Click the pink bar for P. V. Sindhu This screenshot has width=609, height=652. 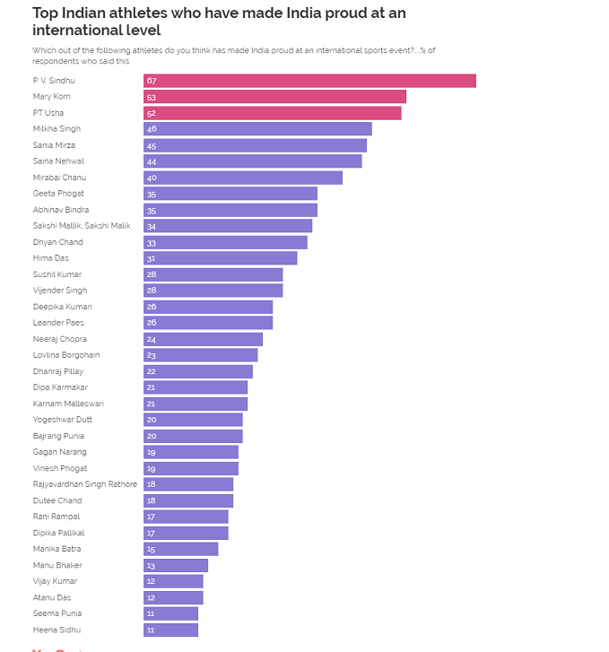coord(309,81)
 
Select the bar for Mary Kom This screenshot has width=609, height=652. coord(274,97)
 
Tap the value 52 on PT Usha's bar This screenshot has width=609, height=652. coord(151,113)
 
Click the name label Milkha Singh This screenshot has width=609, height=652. coord(57,129)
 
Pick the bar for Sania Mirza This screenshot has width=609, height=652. coord(255,145)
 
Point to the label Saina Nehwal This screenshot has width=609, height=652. coord(58,161)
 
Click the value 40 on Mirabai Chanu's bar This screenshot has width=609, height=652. coord(152,178)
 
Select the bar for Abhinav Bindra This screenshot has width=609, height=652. coord(231,210)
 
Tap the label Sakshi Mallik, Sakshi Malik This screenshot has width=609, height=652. coord(82,226)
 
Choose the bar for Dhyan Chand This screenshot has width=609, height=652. coord(225,242)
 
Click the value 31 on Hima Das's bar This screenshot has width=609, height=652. coord(151,258)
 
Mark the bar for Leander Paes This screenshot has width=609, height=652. coord(208,323)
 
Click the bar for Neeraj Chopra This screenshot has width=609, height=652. coord(203,339)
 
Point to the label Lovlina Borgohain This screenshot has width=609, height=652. coord(66,355)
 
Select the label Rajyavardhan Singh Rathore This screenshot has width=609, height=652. coord(85,484)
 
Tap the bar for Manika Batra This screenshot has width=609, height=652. coord(180,549)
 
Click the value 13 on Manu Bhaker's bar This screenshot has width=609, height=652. coord(151,565)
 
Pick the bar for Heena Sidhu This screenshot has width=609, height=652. coord(170,630)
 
